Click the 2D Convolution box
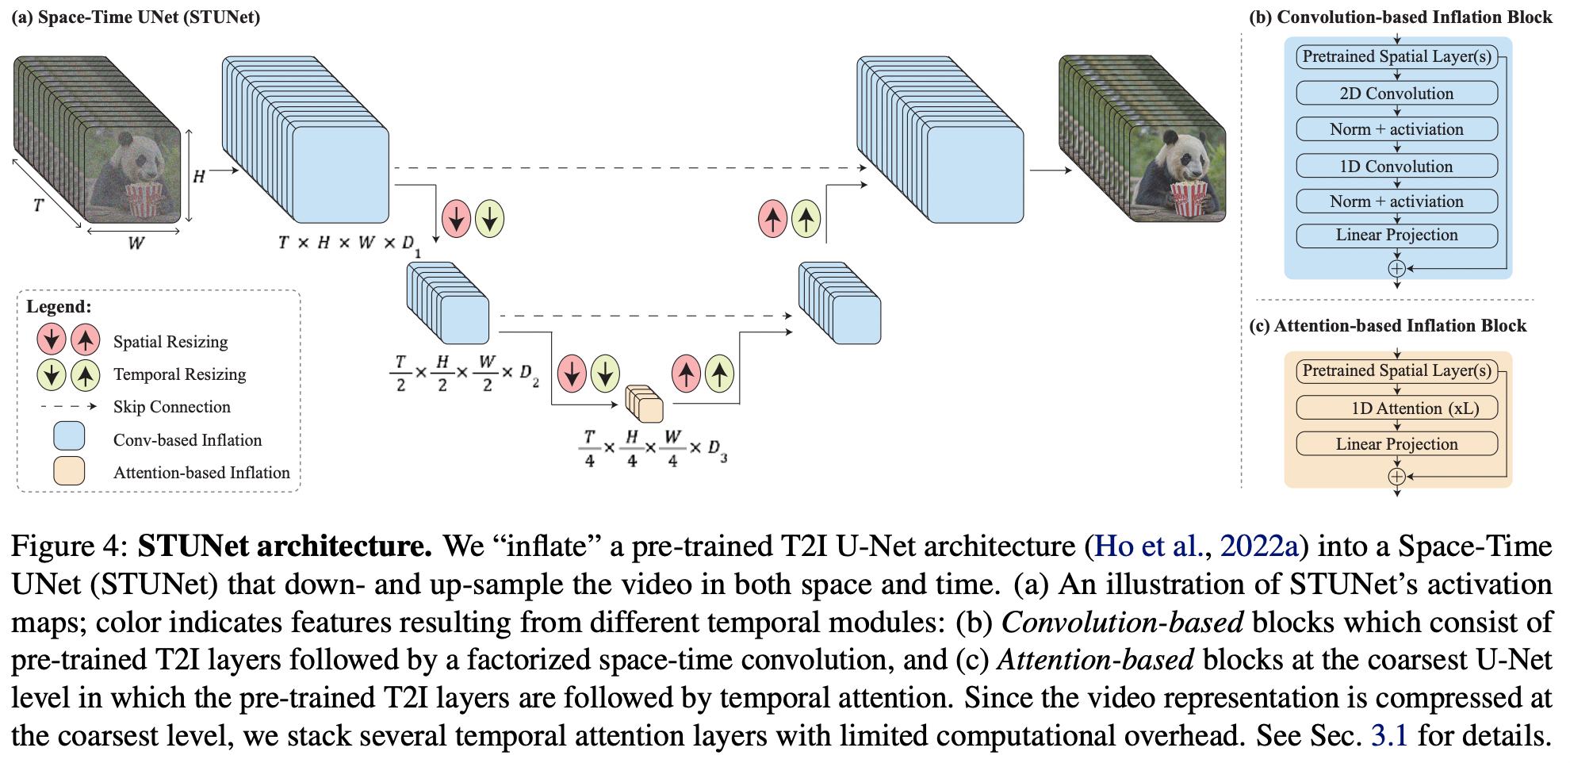coord(1396,94)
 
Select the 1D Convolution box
coord(1396,167)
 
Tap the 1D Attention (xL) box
coord(1396,408)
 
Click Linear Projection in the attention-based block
coord(1396,444)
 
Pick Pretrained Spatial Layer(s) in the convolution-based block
coord(1396,56)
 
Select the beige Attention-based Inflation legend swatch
coord(69,470)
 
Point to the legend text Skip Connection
coord(171,407)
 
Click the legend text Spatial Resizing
coord(170,342)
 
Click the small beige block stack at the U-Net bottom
coord(644,404)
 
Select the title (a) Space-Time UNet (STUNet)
coord(136,17)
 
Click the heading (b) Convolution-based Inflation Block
coord(1400,17)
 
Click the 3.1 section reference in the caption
coord(1389,735)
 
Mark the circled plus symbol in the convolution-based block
coord(1396,268)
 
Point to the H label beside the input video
coord(199,176)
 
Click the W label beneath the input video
coord(136,243)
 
